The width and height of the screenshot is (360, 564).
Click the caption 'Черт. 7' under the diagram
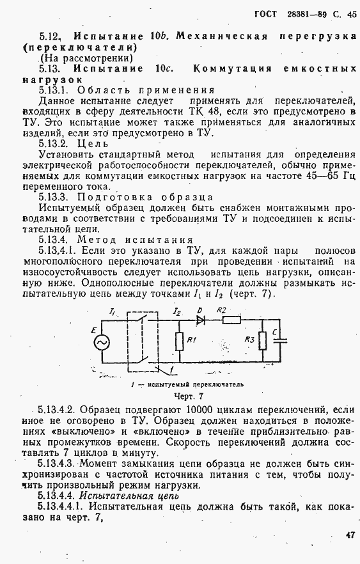click(x=180, y=396)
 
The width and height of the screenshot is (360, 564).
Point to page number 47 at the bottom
click(x=348, y=535)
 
